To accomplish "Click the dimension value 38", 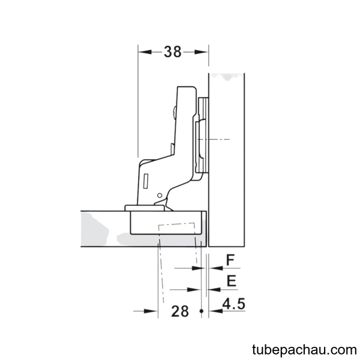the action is point(173,52).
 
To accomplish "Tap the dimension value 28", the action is point(180,311).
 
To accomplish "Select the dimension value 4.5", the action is point(234,304).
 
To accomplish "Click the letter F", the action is point(230,260).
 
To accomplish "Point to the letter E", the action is point(232,281).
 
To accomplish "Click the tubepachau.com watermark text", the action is point(304,350).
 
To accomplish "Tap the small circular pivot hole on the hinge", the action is point(160,196).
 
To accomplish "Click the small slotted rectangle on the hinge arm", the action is point(146,181).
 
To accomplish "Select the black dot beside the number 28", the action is point(202,311).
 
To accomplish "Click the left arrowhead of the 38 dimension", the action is point(145,52).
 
